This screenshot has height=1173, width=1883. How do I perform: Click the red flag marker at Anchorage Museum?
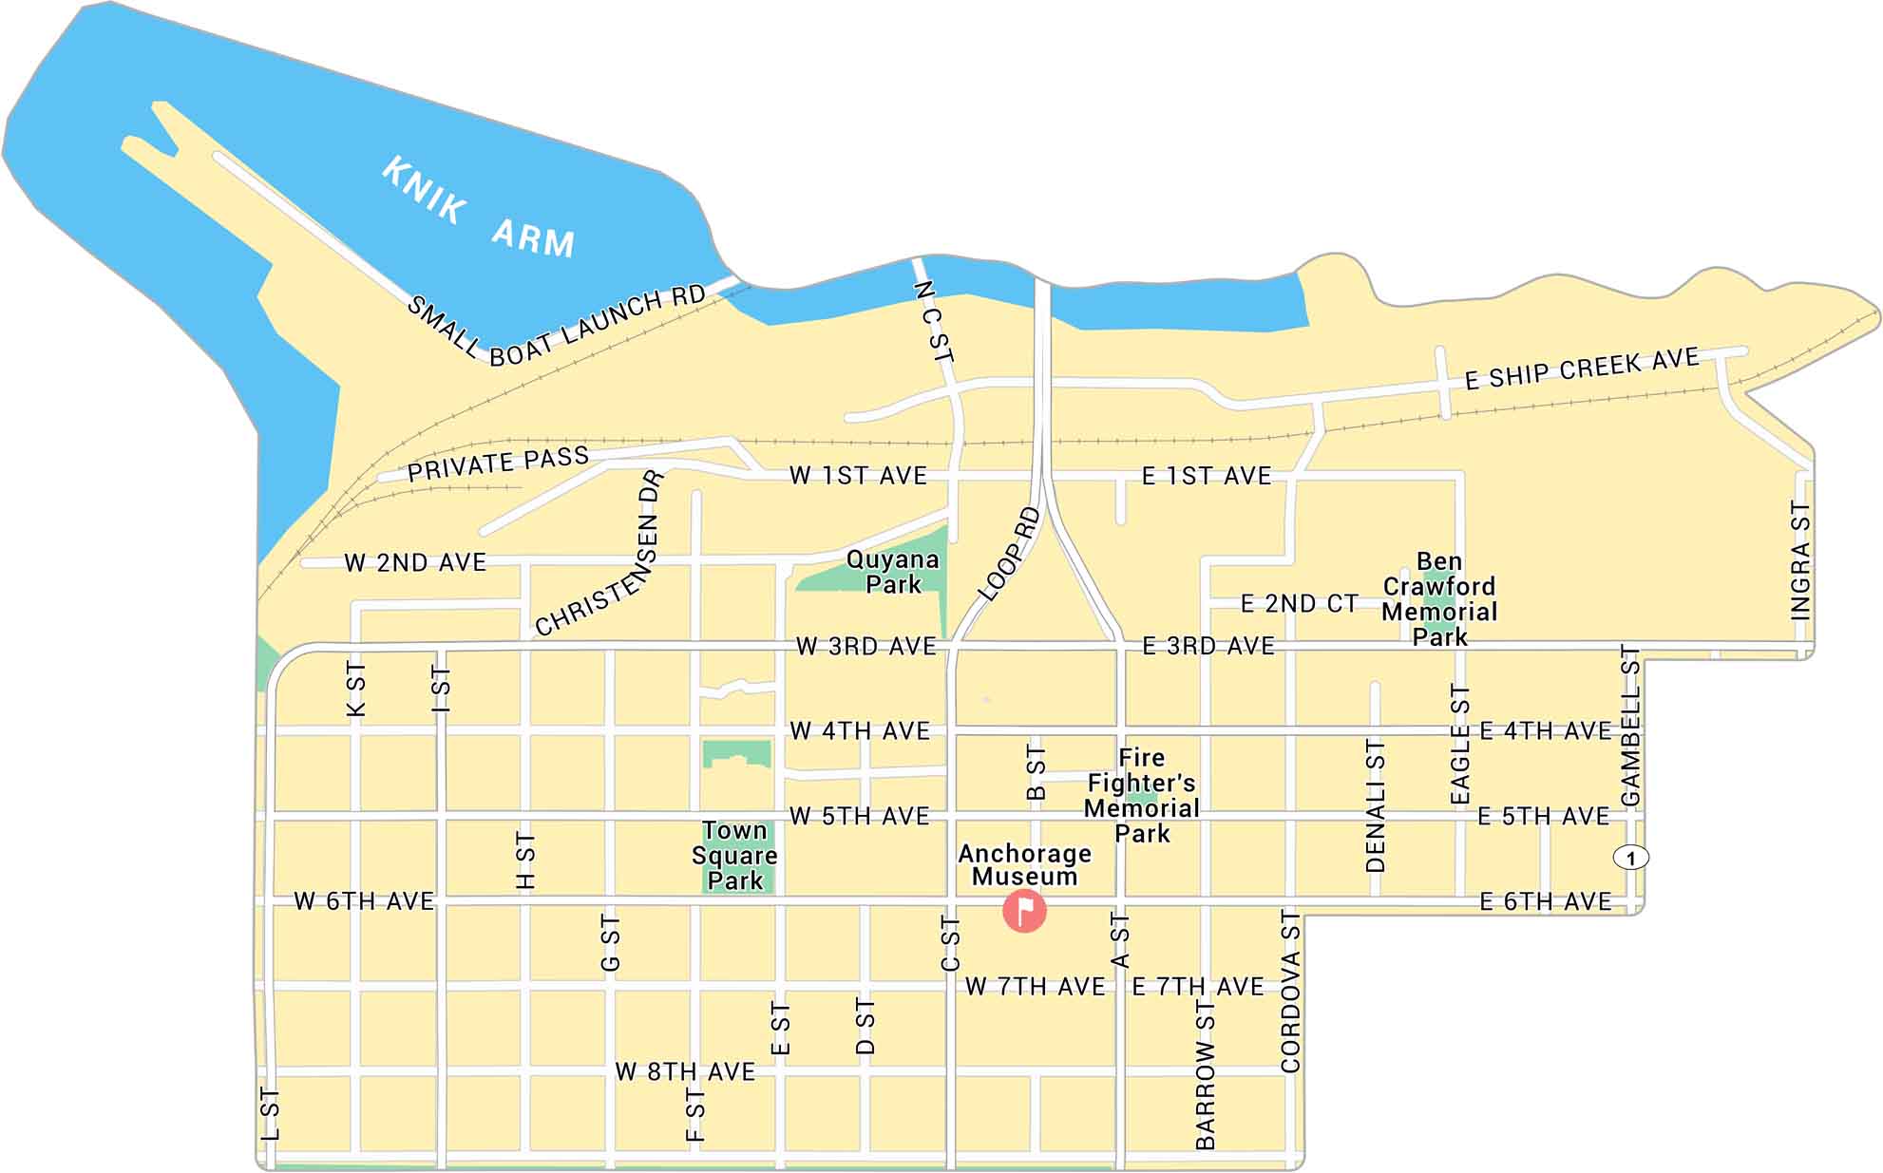point(1024,911)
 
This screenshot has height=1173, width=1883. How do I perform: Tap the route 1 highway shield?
point(1631,858)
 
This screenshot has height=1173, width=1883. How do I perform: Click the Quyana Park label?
point(892,572)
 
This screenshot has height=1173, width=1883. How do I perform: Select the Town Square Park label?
point(734,856)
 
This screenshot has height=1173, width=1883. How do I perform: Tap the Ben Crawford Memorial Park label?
point(1439,599)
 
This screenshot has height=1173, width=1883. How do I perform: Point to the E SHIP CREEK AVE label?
point(1581,369)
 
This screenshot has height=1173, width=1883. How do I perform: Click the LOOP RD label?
point(1009,556)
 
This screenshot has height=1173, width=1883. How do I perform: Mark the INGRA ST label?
point(1800,560)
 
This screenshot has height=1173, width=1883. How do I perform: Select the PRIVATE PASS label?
point(498,464)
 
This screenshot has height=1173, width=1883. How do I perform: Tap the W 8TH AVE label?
point(685,1071)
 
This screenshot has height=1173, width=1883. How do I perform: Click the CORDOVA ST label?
point(1290,992)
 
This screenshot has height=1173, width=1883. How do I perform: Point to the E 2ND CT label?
point(1299,604)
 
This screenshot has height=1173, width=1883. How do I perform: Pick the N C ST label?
point(934,323)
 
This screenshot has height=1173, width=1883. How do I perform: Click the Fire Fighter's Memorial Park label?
point(1141,796)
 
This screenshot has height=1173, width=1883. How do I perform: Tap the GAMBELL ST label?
point(1630,727)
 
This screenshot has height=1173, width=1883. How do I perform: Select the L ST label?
point(270,1114)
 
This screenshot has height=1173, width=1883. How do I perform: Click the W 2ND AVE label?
point(415,562)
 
